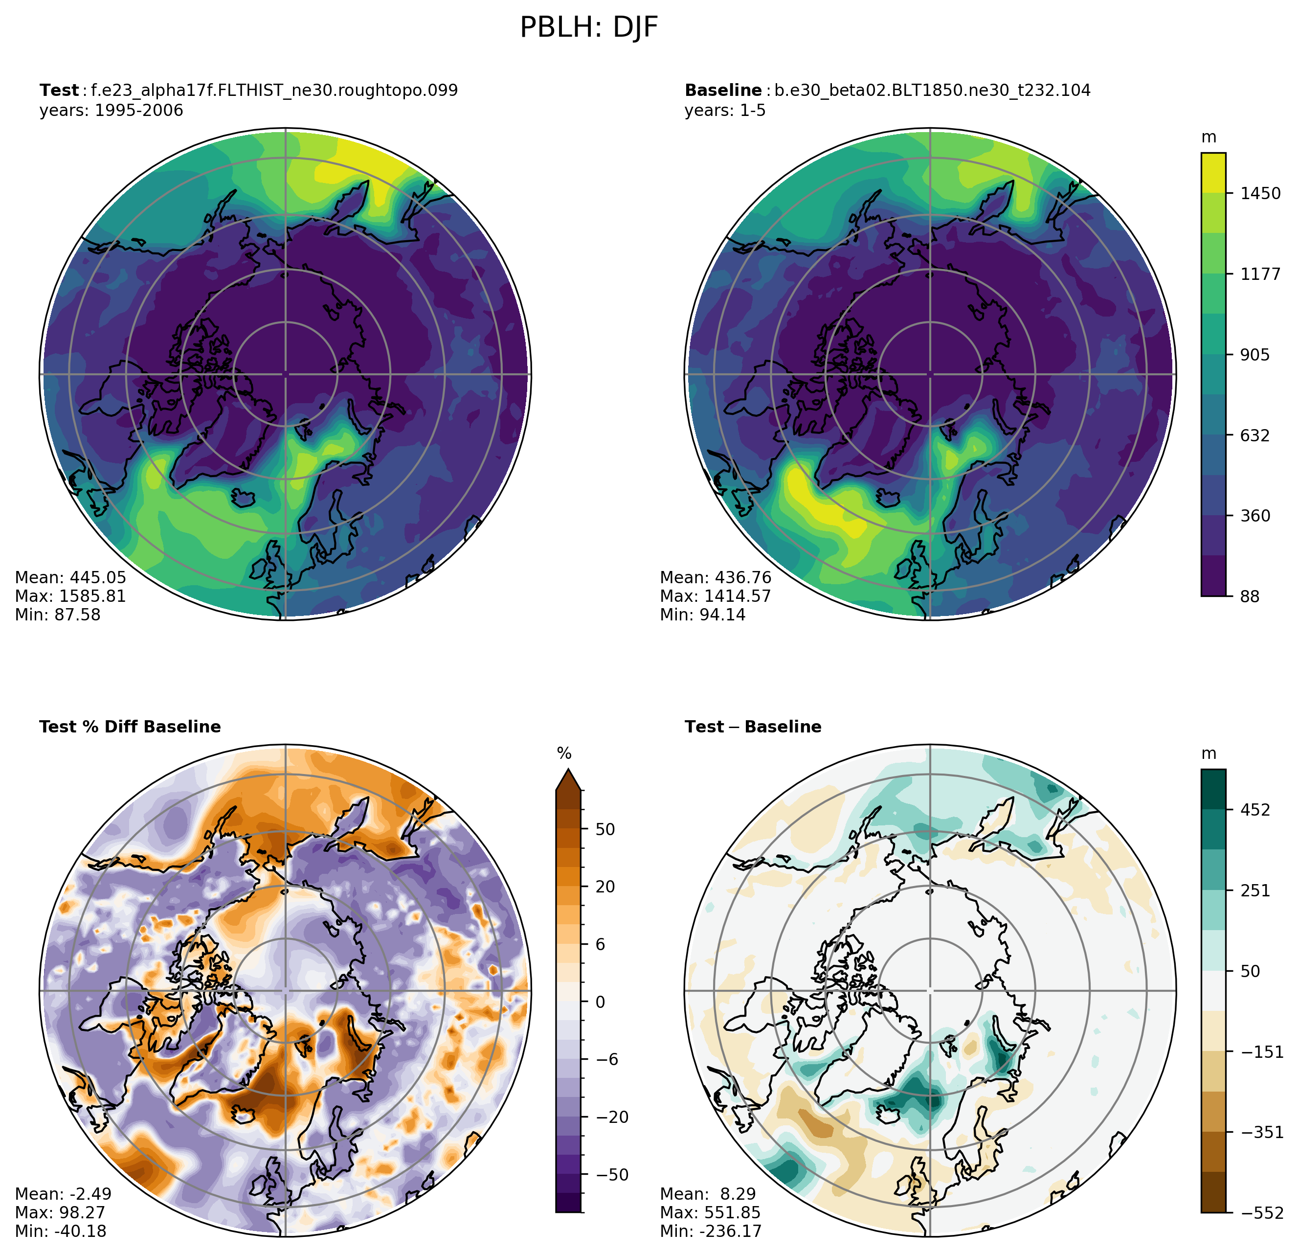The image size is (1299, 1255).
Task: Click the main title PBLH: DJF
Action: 588,28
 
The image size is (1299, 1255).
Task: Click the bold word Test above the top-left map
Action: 59,90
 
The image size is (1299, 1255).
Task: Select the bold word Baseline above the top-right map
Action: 723,90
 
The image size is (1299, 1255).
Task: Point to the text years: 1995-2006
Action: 112,110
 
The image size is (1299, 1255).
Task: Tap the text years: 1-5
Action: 725,110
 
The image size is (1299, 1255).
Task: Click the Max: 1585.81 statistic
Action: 70,596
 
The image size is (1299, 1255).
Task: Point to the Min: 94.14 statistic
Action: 702,615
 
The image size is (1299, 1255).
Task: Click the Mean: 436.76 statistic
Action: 716,577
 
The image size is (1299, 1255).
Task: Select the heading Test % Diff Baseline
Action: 130,727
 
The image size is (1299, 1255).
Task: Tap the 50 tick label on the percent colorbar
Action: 605,829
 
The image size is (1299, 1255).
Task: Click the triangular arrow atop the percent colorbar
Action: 568,779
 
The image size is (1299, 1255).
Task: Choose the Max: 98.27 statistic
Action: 60,1212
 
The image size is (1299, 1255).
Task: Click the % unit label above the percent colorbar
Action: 564,754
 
